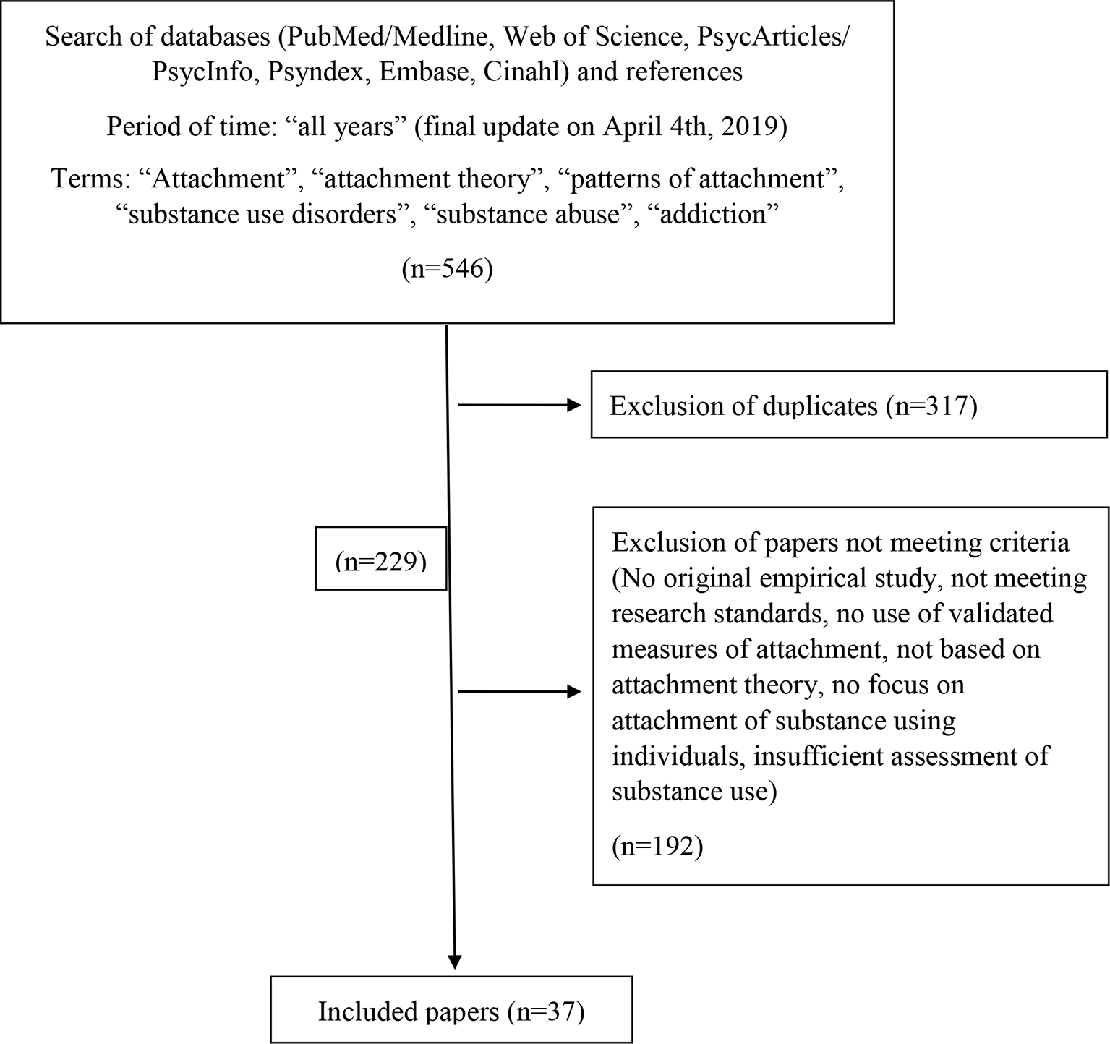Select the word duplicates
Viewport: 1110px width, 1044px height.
(819, 406)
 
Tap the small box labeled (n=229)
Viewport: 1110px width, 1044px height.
(380, 559)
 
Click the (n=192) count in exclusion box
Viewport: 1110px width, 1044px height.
(657, 846)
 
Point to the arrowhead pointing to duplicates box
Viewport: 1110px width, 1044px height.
(574, 406)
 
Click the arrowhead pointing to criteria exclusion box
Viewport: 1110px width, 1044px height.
(574, 693)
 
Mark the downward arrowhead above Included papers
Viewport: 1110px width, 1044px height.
(454, 962)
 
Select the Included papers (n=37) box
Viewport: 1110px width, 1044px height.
(451, 1011)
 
